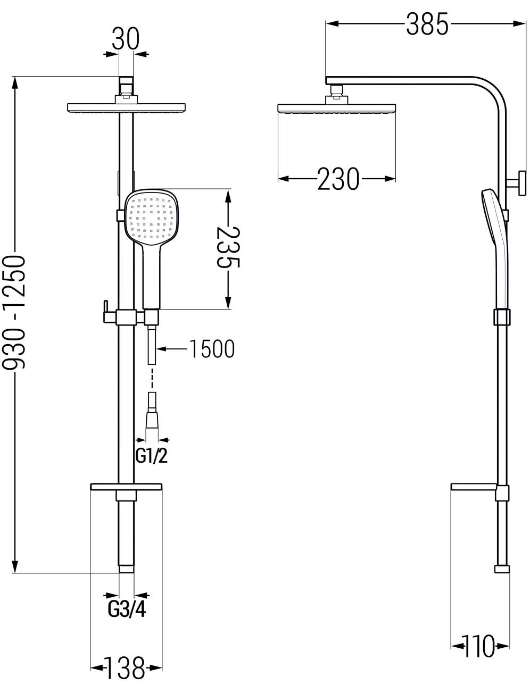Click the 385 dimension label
tap(427, 24)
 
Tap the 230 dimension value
tap(338, 179)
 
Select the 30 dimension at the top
tap(126, 39)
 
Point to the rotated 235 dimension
tap(228, 247)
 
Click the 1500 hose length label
tap(212, 349)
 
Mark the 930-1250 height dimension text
tap(14, 312)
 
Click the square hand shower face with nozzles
tap(151, 218)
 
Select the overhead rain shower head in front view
tap(126, 107)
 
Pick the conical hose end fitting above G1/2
tap(152, 419)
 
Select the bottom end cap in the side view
tap(502, 569)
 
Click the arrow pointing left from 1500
tap(172, 349)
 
